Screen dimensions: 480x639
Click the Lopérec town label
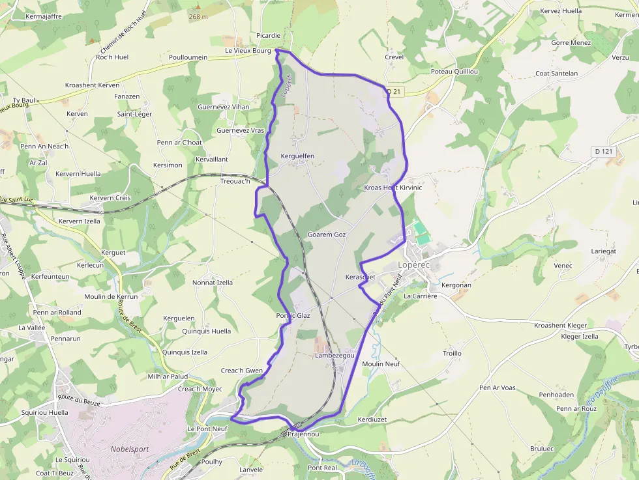(x=416, y=265)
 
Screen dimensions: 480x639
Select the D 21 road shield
(x=393, y=92)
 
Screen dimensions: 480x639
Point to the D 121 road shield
(x=604, y=151)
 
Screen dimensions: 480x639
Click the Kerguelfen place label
(x=297, y=156)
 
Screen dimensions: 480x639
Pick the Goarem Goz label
(x=327, y=234)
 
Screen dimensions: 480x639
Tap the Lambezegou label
(x=334, y=356)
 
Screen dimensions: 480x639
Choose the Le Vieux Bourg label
(x=247, y=50)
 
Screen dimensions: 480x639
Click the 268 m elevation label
(x=198, y=16)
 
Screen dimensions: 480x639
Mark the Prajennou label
(x=303, y=434)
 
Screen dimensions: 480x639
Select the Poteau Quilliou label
(x=454, y=71)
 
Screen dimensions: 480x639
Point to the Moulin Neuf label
(x=381, y=363)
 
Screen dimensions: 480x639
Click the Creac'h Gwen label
(x=242, y=371)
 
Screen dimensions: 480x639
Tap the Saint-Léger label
(x=134, y=114)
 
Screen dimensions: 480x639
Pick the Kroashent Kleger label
(x=560, y=325)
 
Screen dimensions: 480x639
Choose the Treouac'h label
(x=235, y=181)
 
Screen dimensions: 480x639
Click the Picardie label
(x=269, y=35)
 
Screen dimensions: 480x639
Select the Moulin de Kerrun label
(x=111, y=296)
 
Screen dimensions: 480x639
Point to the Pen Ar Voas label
(x=498, y=388)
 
